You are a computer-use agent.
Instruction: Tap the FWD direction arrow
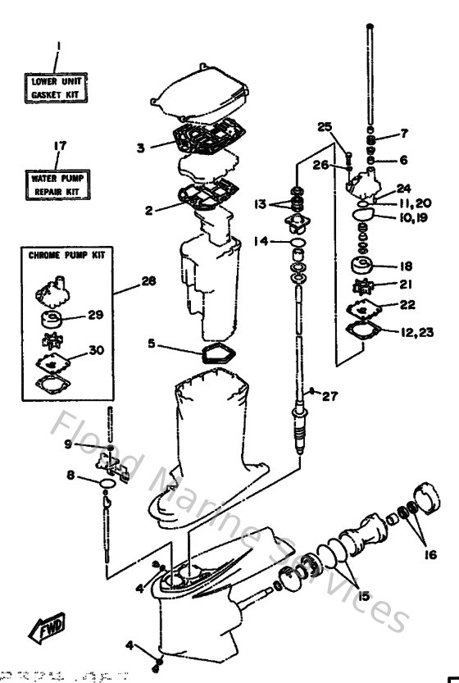click(x=45, y=629)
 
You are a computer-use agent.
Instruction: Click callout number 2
click(x=149, y=210)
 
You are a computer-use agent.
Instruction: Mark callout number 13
click(x=260, y=204)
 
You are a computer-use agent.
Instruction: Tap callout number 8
click(x=70, y=475)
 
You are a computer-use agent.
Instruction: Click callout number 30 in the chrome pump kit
click(x=96, y=350)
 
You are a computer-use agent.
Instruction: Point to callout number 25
click(x=325, y=126)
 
